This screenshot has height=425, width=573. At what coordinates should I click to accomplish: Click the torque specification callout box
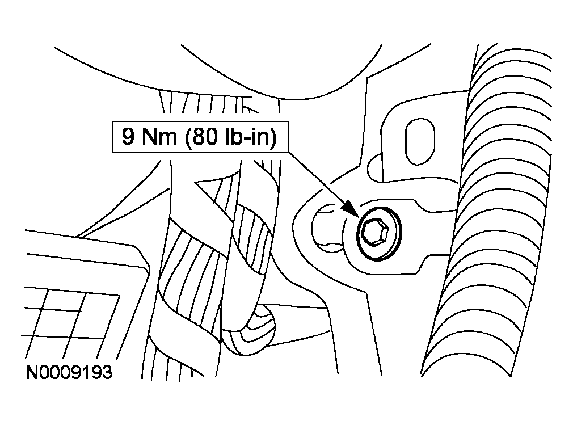[200, 137]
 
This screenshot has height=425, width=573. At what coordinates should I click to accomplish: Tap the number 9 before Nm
[128, 137]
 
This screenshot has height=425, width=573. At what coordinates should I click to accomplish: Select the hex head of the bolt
[376, 232]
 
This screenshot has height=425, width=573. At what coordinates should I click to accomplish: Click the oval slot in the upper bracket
[420, 141]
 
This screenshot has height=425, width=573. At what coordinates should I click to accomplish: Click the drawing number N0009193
[69, 373]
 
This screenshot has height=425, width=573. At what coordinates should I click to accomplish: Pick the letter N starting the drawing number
[32, 373]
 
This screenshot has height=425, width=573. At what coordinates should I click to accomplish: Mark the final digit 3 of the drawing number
[107, 373]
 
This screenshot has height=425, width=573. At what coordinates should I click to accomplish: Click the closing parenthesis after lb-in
[273, 137]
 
